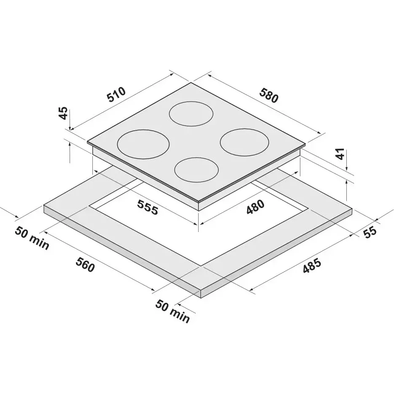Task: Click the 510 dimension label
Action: pyautogui.click(x=116, y=95)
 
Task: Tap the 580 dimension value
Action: pyautogui.click(x=269, y=95)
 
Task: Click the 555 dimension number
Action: pyautogui.click(x=148, y=207)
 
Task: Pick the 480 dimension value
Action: pyautogui.click(x=255, y=207)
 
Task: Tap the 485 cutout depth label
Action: pyautogui.click(x=312, y=266)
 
